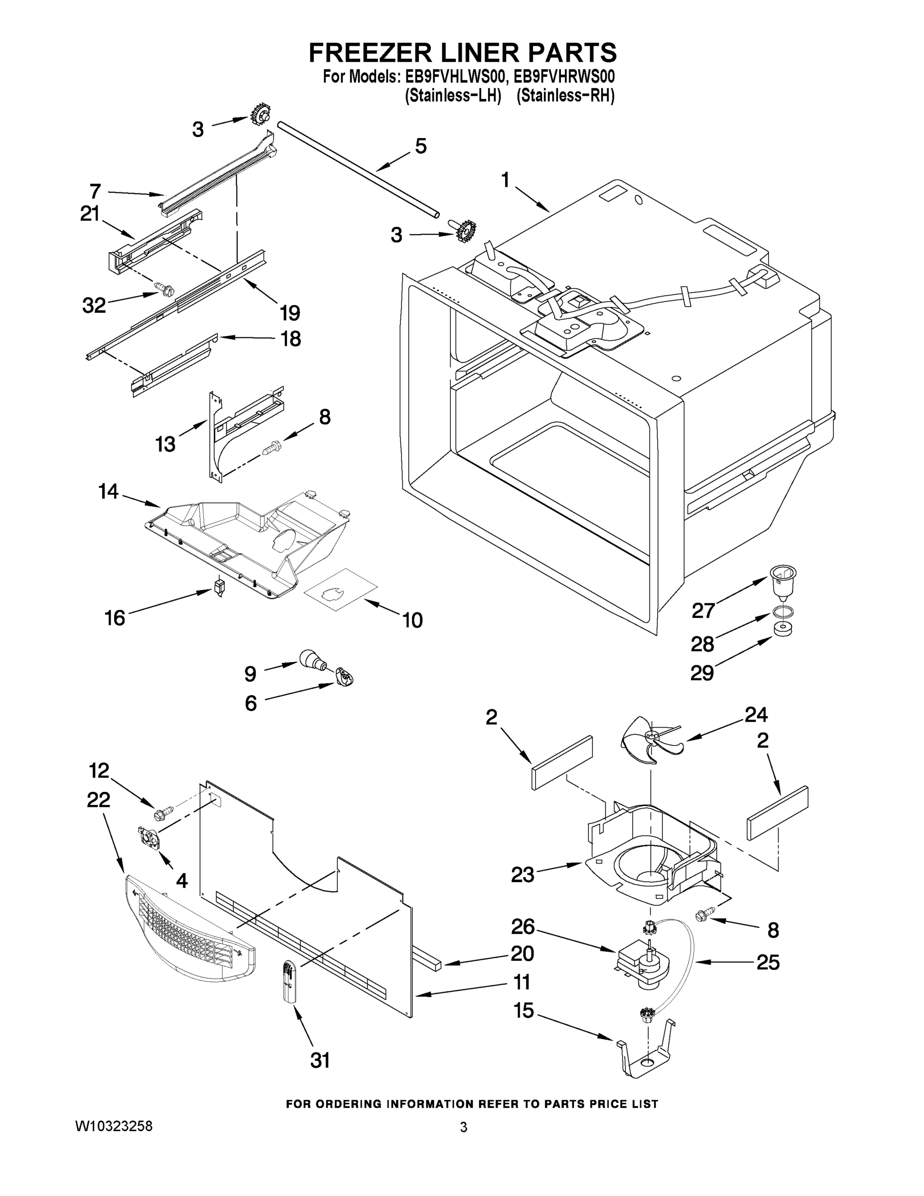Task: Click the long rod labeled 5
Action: (359, 170)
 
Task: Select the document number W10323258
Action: (113, 1126)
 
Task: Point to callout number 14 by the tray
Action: (109, 491)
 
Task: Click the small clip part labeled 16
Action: (220, 588)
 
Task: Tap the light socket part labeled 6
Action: (345, 678)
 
